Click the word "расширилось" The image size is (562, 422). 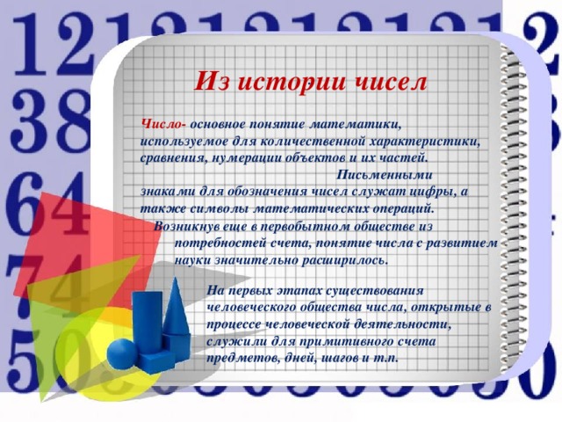(x=342, y=259)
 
